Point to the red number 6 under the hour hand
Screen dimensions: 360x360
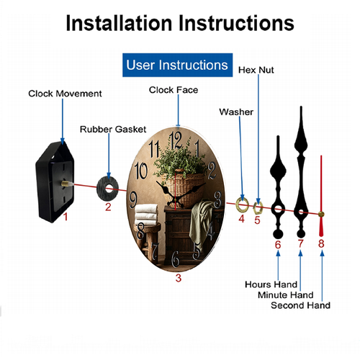[278, 245]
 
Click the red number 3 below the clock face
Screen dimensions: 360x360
[179, 278]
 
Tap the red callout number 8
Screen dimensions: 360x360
[321, 243]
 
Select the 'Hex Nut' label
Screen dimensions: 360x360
[256, 70]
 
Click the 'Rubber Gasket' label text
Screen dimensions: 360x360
[113, 129]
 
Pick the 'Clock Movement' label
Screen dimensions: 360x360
[65, 94]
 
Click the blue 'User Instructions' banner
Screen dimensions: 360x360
[177, 65]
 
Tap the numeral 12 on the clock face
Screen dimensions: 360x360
[176, 140]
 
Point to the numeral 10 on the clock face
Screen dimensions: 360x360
[141, 171]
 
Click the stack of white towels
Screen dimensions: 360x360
[146, 215]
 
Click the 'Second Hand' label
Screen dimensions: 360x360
[300, 305]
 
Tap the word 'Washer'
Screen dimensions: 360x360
[236, 112]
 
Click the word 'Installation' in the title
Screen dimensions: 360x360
[119, 23]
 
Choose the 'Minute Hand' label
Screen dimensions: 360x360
[286, 294]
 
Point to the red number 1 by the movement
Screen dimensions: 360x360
[66, 217]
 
